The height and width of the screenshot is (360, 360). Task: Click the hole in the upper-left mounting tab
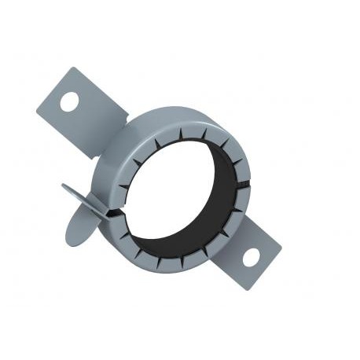69,101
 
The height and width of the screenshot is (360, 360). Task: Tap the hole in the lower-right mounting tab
251,256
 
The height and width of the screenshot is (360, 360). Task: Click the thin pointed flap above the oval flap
79,191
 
